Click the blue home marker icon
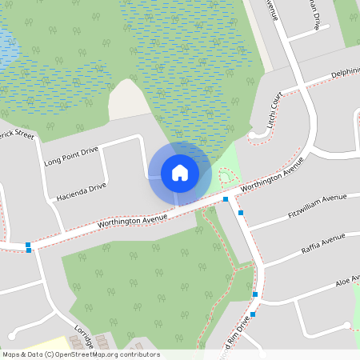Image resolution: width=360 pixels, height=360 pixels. pyautogui.click(x=180, y=172)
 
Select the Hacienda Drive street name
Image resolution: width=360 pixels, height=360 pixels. pyautogui.click(x=81, y=191)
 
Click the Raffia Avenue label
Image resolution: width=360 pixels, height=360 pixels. pyautogui.click(x=322, y=241)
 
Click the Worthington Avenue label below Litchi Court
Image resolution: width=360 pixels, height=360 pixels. pyautogui.click(x=273, y=175)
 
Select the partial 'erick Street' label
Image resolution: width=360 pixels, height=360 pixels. pyautogui.click(x=16, y=134)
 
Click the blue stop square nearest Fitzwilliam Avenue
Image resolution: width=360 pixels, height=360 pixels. pyautogui.click(x=241, y=212)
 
